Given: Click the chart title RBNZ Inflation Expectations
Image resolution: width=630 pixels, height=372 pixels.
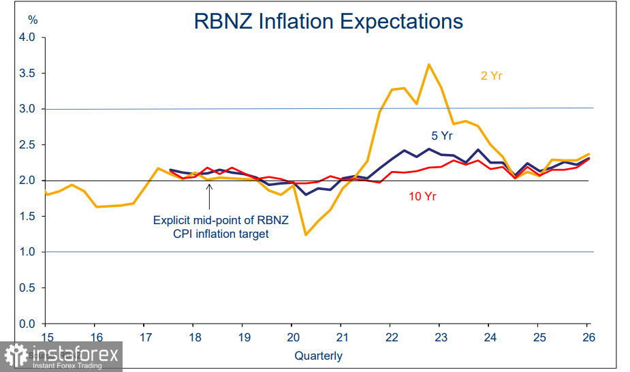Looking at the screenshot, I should [x=328, y=20].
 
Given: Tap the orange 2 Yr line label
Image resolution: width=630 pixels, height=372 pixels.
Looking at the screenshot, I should [x=491, y=76].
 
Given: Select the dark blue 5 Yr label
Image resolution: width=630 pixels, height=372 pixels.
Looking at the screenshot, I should [x=442, y=136].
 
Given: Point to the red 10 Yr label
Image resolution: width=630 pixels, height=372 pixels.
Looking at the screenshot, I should [x=422, y=197].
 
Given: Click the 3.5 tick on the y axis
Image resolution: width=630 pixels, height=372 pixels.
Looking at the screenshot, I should [x=27, y=73].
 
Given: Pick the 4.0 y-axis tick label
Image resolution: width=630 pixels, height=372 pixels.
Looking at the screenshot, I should [x=27, y=37].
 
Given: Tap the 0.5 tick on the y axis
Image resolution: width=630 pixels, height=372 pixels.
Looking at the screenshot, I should [x=27, y=288].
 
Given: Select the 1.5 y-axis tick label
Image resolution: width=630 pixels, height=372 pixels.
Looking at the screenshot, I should [x=27, y=217].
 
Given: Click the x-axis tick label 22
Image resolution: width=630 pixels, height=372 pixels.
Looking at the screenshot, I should [x=392, y=338].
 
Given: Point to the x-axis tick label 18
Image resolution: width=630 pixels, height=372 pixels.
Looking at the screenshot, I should [x=194, y=338].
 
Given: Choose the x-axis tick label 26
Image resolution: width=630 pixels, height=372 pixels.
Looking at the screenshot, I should [x=587, y=338].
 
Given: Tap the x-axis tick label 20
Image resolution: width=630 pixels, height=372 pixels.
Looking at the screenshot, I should [x=292, y=338].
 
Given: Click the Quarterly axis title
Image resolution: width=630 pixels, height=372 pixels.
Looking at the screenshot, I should [x=318, y=356].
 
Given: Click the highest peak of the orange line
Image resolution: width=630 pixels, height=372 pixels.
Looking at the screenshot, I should [x=428, y=65].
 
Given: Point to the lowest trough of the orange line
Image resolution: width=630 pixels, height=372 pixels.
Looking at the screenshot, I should [x=306, y=234].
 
